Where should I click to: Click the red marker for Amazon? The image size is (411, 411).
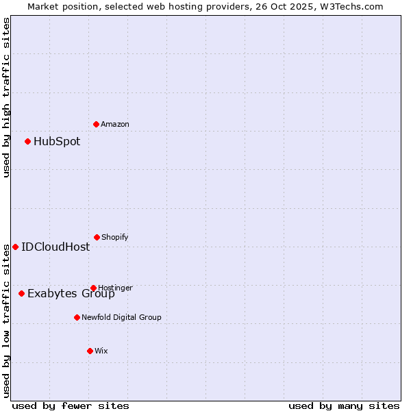pos(97,124)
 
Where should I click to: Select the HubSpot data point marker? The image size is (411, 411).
pos(28,142)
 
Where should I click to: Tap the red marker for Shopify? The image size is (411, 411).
pos(97,237)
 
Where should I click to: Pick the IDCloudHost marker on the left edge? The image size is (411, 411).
pos(16,247)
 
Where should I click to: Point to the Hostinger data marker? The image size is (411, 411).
pos(94,288)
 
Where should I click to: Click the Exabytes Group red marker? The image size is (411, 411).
pos(22,293)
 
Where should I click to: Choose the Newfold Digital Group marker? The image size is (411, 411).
pos(77,317)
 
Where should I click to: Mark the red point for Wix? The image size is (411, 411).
pos(90,351)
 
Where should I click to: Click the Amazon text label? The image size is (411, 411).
pos(115,124)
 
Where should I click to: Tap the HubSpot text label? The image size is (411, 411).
pos(57,142)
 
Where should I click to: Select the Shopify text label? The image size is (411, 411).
pos(115,237)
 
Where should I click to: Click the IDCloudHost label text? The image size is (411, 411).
pos(55,247)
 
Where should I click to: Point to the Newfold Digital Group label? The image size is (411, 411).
pos(122,317)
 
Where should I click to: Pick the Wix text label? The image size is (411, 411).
pos(101,351)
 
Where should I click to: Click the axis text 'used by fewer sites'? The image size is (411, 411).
pos(71,406)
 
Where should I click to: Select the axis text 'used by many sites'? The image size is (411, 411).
pos(344,406)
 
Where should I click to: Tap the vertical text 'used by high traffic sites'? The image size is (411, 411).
pos(6,97)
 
